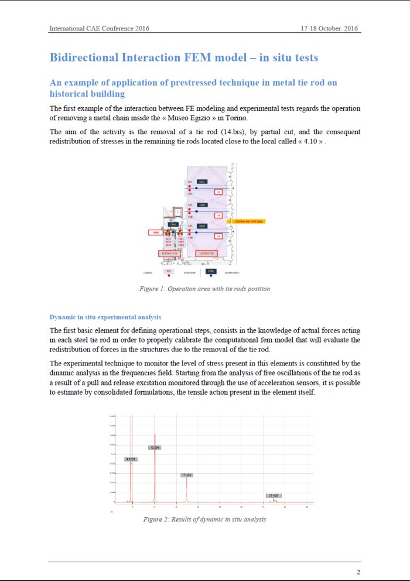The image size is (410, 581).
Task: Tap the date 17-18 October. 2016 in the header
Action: (x=330, y=28)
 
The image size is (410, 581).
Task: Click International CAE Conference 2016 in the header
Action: (x=99, y=28)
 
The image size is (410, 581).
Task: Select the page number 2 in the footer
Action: (x=358, y=572)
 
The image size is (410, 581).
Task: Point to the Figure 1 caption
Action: (x=204, y=289)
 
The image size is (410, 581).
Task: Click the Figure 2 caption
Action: (x=204, y=520)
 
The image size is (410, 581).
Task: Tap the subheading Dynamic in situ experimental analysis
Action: (x=105, y=317)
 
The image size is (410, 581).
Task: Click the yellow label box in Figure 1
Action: (x=249, y=221)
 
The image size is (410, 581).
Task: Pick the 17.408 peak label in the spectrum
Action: (x=187, y=475)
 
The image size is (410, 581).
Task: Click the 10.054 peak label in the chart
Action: (x=155, y=447)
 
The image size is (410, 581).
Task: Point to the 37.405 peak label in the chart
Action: (x=273, y=495)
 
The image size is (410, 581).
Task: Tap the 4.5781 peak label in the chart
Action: (x=131, y=459)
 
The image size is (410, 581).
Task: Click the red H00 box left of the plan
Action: (x=155, y=233)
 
